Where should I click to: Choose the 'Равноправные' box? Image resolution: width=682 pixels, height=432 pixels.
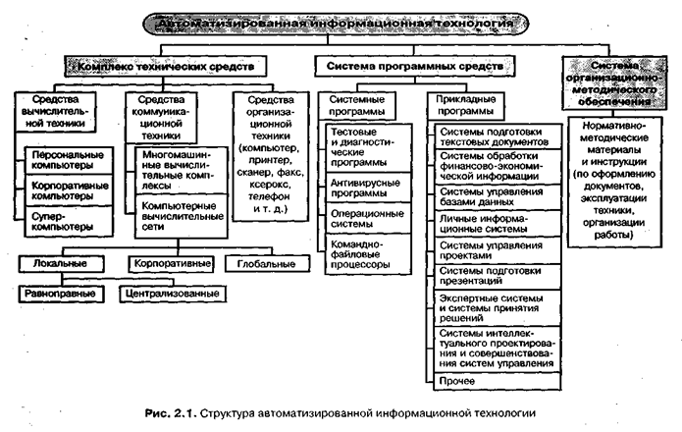point(60,292)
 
